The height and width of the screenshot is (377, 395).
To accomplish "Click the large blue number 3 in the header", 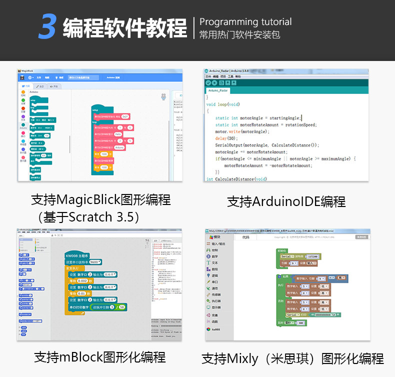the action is pyautogui.click(x=46, y=27).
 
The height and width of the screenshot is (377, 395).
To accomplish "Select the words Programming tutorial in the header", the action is pyautogui.click(x=245, y=22).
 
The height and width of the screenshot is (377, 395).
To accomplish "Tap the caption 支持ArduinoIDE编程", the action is pyautogui.click(x=286, y=201).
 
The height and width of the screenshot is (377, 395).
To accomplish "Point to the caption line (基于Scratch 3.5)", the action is pyautogui.click(x=88, y=217).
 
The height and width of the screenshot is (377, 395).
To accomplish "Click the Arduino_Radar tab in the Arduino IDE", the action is pyautogui.click(x=218, y=90).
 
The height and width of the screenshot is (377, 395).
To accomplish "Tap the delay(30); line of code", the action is pyautogui.click(x=226, y=138).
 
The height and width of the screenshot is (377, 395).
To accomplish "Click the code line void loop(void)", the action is pyautogui.click(x=223, y=104).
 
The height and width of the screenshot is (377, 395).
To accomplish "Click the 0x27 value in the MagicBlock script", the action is pyautogui.click(x=125, y=116).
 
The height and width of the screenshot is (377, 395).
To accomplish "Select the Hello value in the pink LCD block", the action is pyautogui.click(x=118, y=134).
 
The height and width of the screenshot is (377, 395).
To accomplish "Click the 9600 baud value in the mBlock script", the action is pyautogui.click(x=95, y=261).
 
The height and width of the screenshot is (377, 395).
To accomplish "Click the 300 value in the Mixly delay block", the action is pyautogui.click(x=300, y=323).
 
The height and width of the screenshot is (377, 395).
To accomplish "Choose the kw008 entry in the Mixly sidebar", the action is pyautogui.click(x=216, y=329).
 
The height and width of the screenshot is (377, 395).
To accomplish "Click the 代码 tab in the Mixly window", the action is pyautogui.click(x=245, y=237).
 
